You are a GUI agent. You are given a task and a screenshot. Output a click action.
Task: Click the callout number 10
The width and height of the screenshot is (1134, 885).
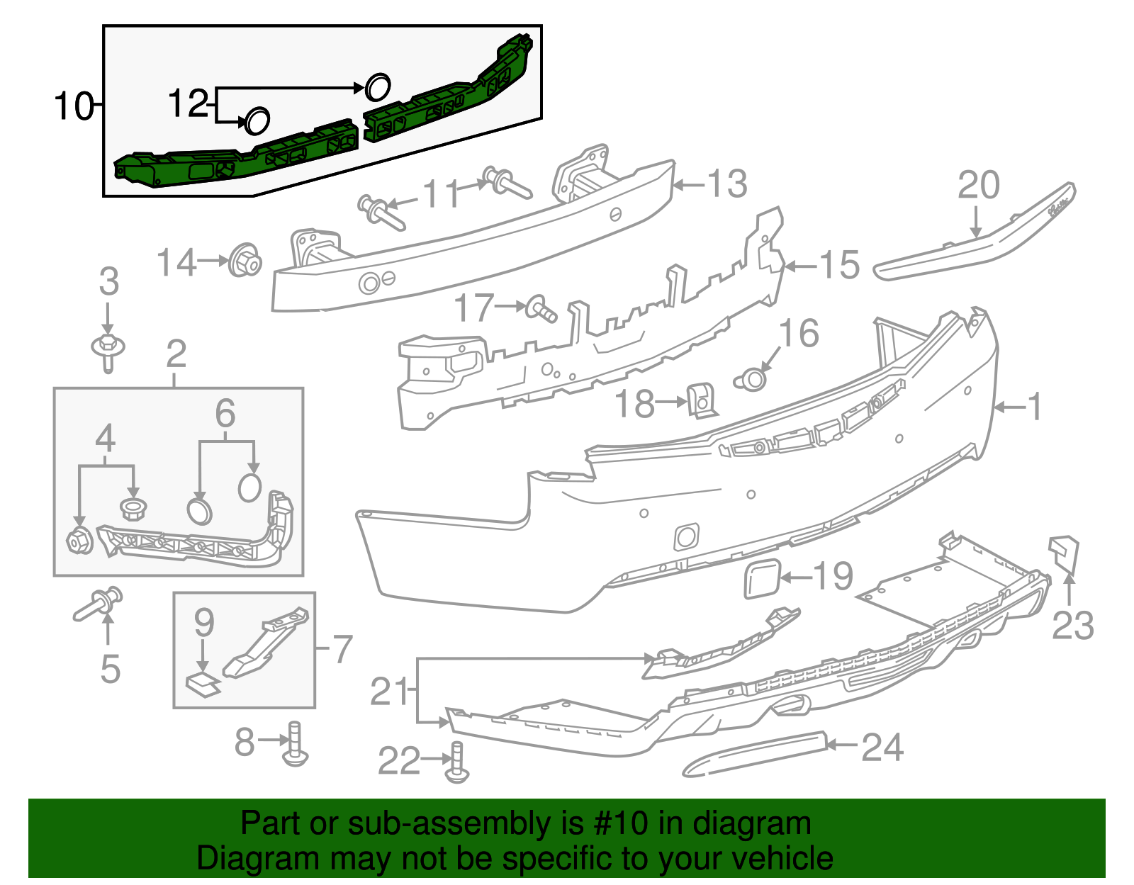coord(74,106)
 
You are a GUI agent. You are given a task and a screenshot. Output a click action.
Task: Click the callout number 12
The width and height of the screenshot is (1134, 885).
coord(189,103)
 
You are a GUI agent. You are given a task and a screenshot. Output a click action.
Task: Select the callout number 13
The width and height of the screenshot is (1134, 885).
coord(727,184)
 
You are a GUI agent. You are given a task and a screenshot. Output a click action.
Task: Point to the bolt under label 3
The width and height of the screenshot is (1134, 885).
coord(108,351)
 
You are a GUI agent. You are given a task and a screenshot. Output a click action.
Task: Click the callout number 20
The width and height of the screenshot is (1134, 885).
coord(978,186)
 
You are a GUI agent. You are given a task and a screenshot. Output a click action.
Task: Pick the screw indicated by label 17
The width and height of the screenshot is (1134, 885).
coord(542,309)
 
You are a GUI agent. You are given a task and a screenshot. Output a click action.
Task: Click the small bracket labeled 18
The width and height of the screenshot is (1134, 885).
coord(702,401)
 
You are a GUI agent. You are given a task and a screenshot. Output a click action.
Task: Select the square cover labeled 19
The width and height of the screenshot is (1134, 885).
coord(762,579)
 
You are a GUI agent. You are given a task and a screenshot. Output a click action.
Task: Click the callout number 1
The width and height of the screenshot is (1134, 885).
coord(1035,407)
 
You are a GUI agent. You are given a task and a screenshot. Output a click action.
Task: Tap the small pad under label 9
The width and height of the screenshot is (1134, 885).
coord(202,685)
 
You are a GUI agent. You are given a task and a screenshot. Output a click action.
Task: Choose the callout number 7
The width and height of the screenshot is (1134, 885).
coord(342,649)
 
